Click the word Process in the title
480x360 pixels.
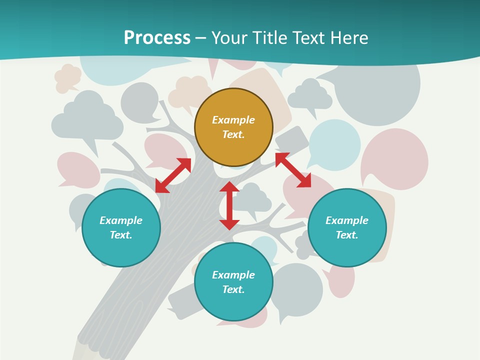(157, 38)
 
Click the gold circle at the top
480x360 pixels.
(233, 127)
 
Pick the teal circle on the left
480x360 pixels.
(121, 227)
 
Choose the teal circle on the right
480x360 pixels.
(347, 227)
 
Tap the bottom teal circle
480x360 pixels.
(233, 282)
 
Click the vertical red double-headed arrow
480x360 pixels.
(229, 205)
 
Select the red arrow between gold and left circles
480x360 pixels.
(173, 175)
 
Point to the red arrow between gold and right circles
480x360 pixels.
(293, 170)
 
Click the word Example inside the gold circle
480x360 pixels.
(233, 120)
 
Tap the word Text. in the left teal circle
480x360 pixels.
(121, 235)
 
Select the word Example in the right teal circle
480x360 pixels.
(347, 220)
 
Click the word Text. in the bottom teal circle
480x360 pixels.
(233, 289)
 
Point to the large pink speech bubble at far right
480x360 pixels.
(395, 158)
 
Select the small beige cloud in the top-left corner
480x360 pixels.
(67, 78)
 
